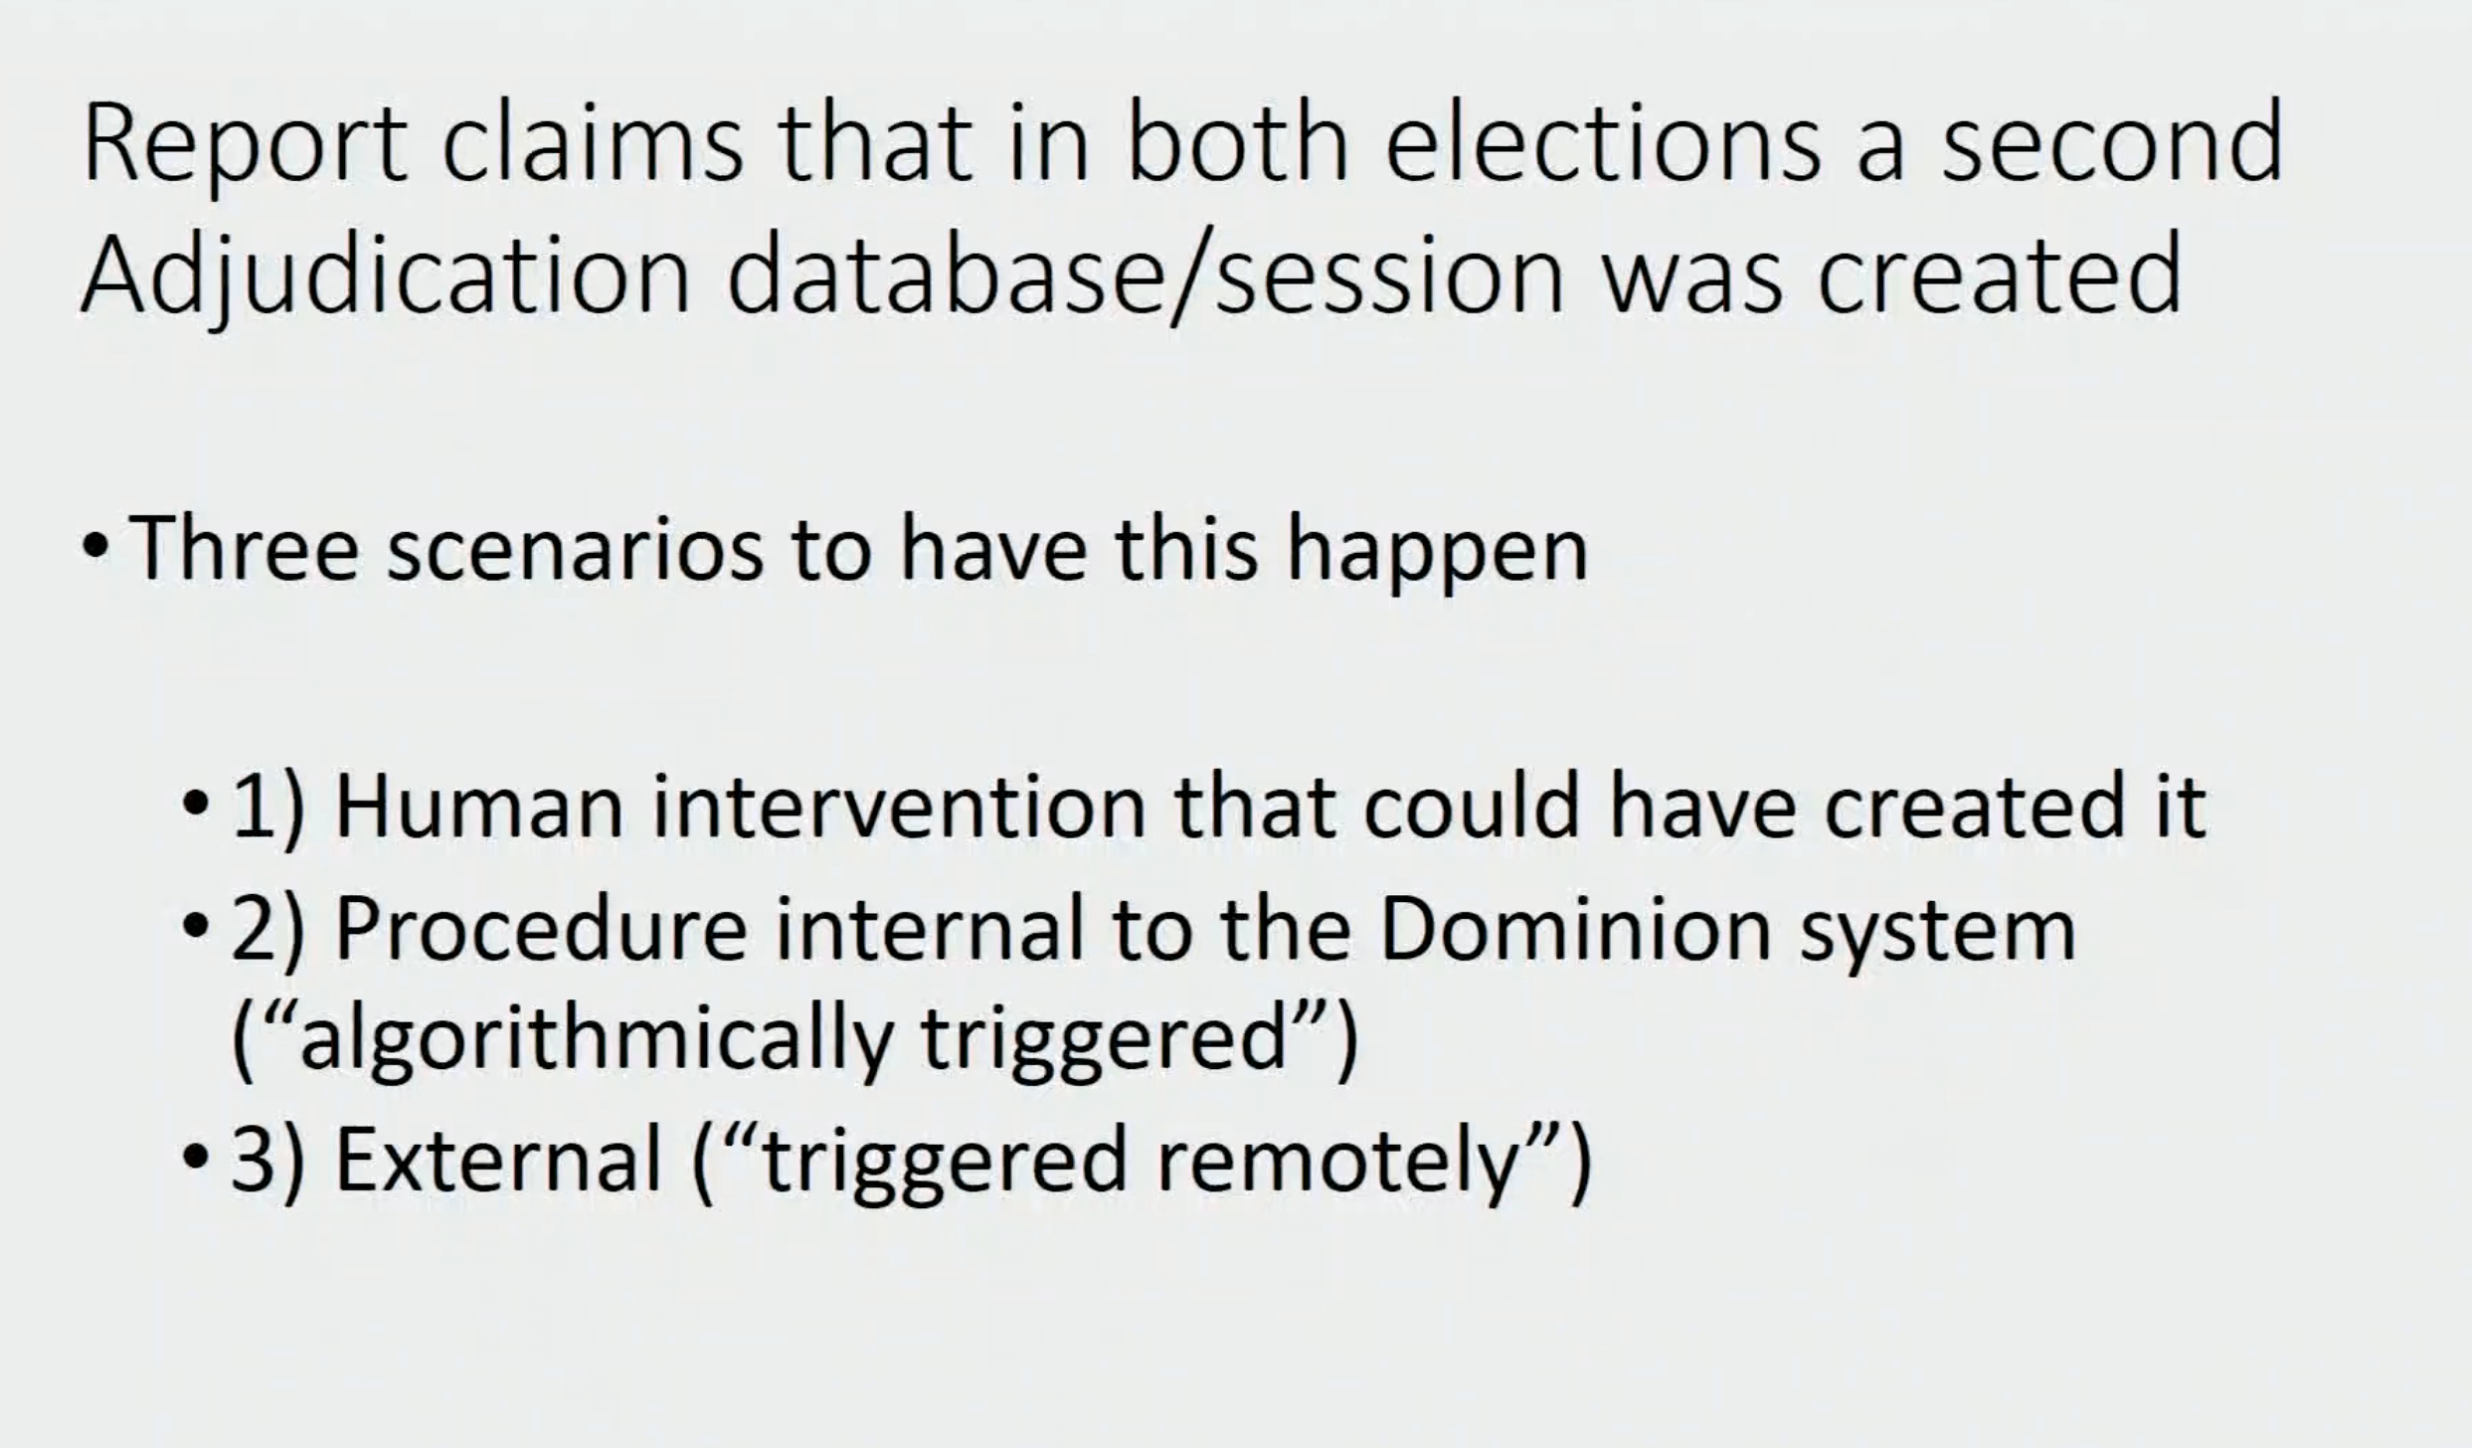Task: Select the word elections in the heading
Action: pos(1602,141)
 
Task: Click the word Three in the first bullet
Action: pos(245,550)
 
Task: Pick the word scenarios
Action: pos(576,550)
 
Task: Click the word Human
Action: pos(480,808)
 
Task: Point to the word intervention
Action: pos(900,808)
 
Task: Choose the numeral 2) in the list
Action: pos(266,932)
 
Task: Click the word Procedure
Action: pos(542,930)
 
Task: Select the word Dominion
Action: pos(1576,930)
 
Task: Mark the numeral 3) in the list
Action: pos(266,1162)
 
